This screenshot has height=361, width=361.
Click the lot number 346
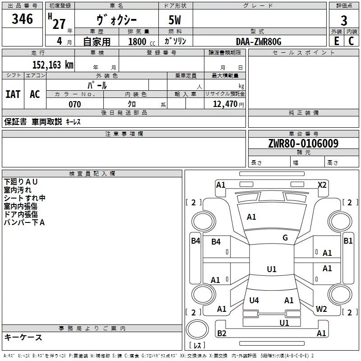23,19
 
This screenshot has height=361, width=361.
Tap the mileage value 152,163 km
53,65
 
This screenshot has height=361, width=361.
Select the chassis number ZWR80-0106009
303,143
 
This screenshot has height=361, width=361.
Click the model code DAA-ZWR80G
259,42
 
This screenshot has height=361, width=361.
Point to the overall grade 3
344,21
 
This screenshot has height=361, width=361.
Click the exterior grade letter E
336,41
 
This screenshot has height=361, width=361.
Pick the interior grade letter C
352,41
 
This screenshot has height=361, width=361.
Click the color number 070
75,104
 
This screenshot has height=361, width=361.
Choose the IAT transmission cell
13,94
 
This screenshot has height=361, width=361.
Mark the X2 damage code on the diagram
322,185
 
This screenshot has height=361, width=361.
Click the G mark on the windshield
285,238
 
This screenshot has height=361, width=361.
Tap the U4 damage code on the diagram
254,300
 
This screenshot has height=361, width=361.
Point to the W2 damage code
321,309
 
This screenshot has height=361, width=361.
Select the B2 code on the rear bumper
222,333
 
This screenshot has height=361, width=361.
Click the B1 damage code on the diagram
348,241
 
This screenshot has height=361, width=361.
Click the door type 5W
176,21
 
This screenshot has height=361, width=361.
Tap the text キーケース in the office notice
23,337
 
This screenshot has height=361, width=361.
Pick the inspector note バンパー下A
24,222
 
